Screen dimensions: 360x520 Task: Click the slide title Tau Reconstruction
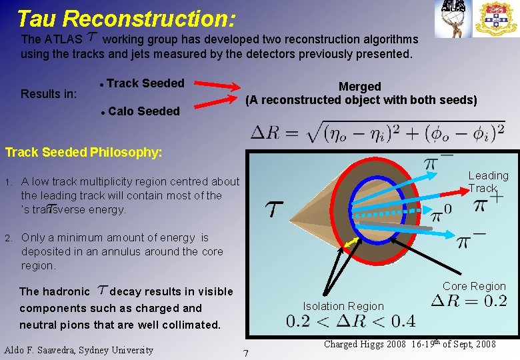125,18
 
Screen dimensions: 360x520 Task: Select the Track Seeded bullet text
145,83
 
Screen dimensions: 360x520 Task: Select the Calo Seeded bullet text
143,111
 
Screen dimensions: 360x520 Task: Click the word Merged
360,87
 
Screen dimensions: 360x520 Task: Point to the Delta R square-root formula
377,131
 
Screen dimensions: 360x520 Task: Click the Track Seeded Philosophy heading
83,153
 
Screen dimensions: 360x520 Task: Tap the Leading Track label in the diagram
487,181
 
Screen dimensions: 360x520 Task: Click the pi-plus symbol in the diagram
488,203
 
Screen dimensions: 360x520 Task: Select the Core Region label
474,286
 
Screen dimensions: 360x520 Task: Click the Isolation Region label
343,306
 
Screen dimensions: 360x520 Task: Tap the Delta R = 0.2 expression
469,301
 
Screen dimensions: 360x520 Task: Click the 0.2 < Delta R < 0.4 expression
351,322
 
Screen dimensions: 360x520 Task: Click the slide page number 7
246,352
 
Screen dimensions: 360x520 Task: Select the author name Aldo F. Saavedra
79,350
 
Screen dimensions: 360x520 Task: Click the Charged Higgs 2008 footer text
409,344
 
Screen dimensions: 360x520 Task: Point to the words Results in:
49,94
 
